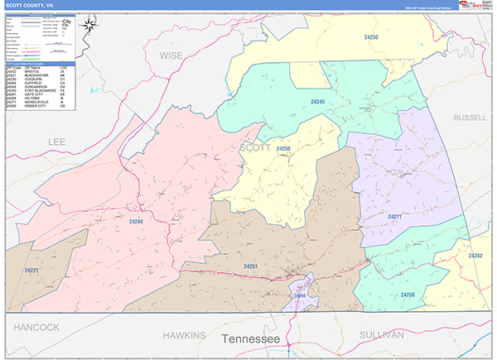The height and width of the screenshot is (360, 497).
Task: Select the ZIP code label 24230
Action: click(370, 38)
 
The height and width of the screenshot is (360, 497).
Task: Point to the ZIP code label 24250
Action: click(284, 148)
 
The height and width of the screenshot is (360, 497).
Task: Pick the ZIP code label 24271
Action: click(395, 216)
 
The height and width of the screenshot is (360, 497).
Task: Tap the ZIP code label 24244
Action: click(137, 222)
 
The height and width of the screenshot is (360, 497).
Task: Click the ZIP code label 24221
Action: click(31, 271)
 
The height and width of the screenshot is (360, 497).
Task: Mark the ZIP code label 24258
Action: click(408, 295)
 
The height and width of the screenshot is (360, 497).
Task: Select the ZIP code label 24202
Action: click(475, 256)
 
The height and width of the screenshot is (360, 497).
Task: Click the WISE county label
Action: click(171, 55)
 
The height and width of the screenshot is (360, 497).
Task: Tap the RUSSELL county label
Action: click(470, 118)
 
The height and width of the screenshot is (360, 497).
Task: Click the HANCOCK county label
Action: click(36, 327)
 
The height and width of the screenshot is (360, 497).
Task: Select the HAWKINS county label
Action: click(183, 334)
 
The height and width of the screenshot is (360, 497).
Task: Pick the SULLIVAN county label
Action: click(381, 334)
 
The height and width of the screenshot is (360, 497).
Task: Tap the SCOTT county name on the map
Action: click(255, 147)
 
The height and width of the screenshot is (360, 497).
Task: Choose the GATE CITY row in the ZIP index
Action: click(37, 94)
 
